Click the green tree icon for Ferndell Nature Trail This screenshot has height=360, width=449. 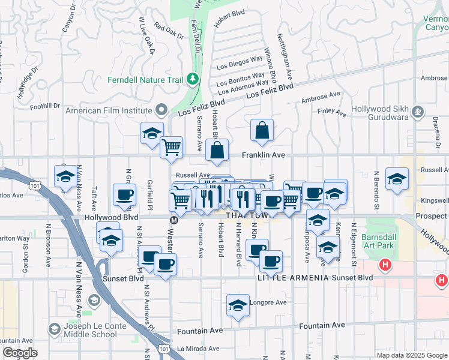(x=192, y=79)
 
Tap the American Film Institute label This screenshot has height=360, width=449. (x=108, y=110)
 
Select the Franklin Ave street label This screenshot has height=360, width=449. (x=262, y=155)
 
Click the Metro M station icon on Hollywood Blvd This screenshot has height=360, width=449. (x=173, y=220)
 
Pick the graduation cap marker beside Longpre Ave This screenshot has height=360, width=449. (x=238, y=305)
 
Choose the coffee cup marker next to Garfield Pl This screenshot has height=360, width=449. (x=124, y=194)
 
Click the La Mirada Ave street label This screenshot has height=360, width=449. (x=197, y=348)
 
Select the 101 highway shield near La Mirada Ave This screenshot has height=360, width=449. (x=164, y=347)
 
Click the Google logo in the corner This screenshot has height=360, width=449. (x=20, y=353)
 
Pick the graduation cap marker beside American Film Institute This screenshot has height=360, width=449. (x=152, y=133)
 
